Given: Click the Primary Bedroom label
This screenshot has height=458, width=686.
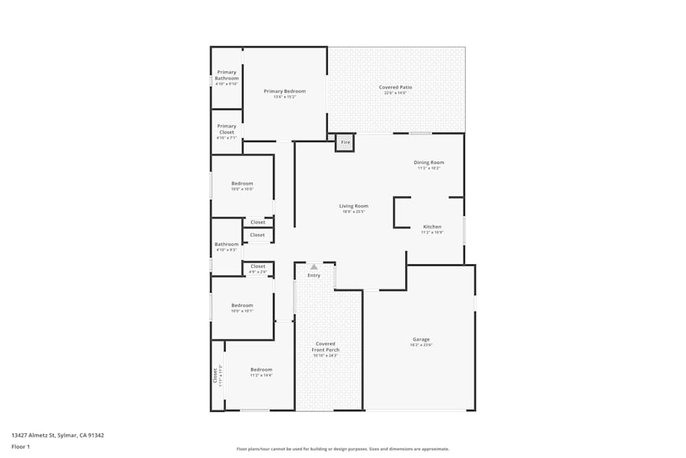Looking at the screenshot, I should (285, 91).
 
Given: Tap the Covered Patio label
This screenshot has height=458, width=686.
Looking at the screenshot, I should (396, 87).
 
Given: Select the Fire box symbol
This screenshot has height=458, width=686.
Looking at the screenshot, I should (345, 142).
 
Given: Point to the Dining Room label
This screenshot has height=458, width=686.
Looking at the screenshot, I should (429, 163).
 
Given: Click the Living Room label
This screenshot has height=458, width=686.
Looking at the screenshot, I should (353, 206).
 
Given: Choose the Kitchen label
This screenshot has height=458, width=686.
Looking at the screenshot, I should (432, 227).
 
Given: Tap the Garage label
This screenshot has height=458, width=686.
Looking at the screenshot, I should (421, 339).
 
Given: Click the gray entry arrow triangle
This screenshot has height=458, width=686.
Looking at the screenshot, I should (314, 266).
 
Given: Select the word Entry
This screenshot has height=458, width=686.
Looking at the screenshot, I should (314, 275).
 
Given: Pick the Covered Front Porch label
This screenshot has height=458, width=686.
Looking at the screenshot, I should (326, 347).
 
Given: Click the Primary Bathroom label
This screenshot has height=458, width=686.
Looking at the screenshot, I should (226, 76).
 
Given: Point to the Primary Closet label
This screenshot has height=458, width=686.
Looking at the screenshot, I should (226, 129).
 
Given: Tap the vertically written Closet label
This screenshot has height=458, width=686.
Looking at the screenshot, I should (215, 376).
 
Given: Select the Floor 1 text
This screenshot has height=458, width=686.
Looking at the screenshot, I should (21, 446).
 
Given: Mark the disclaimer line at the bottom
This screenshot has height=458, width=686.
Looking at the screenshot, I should (343, 448).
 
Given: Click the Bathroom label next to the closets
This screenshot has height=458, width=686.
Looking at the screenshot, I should (226, 244).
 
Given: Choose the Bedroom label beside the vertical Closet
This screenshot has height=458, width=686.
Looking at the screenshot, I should (261, 369).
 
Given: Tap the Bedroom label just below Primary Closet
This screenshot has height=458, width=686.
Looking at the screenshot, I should (242, 183).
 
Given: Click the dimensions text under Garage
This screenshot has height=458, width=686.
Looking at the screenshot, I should (421, 345).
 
